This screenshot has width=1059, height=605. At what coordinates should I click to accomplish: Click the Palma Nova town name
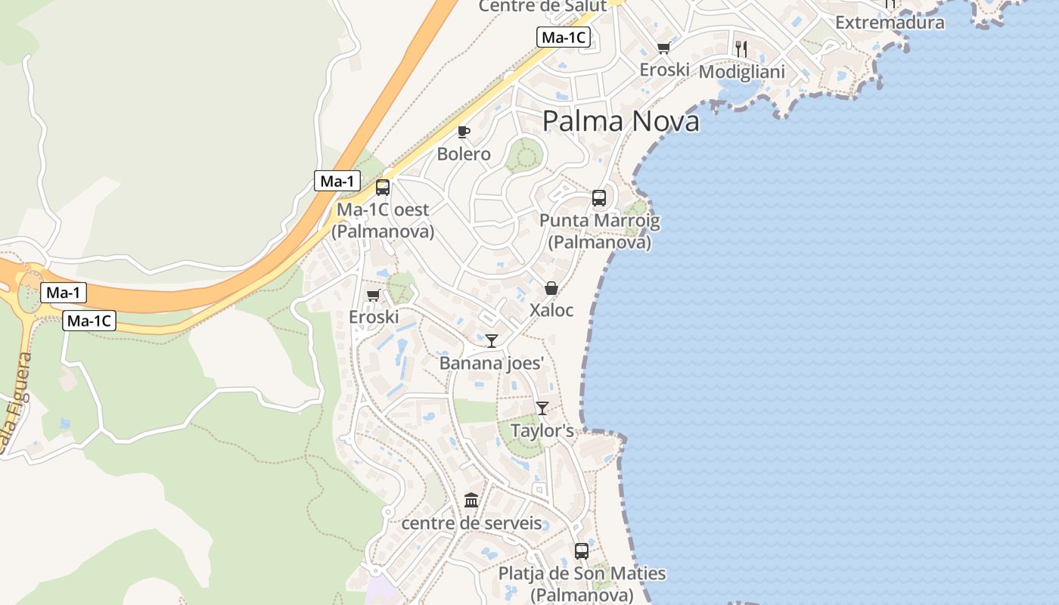click(620, 121)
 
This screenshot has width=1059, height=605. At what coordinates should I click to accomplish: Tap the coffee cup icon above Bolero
click(464, 132)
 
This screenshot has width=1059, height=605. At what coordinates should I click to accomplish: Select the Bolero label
click(464, 154)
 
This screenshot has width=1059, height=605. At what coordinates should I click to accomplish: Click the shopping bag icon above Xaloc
click(551, 288)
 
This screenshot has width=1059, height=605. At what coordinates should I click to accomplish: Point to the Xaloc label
click(551, 310)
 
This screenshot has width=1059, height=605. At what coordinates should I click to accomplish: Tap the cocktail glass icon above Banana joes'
click(492, 340)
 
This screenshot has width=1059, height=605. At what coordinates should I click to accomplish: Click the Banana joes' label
click(492, 363)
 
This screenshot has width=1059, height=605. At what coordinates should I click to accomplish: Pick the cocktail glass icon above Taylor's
click(542, 408)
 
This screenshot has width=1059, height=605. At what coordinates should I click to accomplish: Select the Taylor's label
click(542, 431)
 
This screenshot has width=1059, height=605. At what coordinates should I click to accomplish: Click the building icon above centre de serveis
click(471, 500)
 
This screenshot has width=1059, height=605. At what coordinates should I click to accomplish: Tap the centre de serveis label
click(471, 523)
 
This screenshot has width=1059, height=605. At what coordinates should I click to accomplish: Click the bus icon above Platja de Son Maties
click(582, 551)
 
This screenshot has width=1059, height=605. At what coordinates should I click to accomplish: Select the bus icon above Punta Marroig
click(599, 198)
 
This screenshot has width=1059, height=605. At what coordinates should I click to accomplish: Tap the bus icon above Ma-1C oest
click(383, 188)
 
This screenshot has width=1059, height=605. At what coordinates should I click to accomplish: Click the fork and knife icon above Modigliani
click(741, 49)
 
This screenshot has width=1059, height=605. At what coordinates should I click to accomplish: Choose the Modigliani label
click(741, 72)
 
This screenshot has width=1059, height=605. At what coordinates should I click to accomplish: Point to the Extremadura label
click(890, 23)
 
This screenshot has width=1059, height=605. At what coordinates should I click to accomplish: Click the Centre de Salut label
click(543, 6)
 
